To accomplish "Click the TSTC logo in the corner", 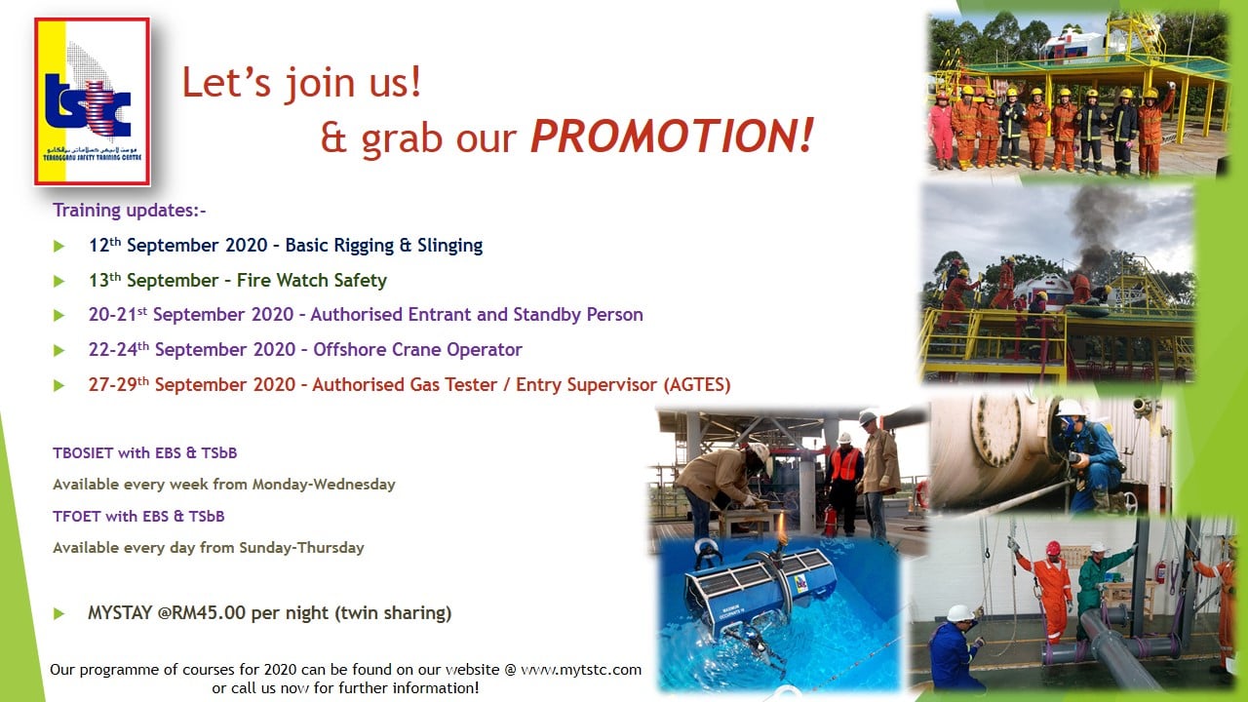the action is coord(92,101).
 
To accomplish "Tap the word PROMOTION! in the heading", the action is coord(672,136).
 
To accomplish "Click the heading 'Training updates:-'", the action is coord(130,210).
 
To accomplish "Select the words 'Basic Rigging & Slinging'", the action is coord(384,245).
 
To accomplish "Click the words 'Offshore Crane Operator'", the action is coord(418,349).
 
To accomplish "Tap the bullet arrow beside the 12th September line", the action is coord(58,246).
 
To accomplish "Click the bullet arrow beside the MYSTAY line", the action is coord(58,614).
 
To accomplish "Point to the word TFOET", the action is coord(77,517).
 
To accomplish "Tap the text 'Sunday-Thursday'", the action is coord(301,548).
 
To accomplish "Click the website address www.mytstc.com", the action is coord(581,669).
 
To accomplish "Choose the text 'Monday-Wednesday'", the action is coord(324,485).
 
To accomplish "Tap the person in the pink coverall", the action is coord(941,130).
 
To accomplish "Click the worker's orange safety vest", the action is coord(844,463).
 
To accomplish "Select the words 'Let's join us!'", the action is coord(301,83).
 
